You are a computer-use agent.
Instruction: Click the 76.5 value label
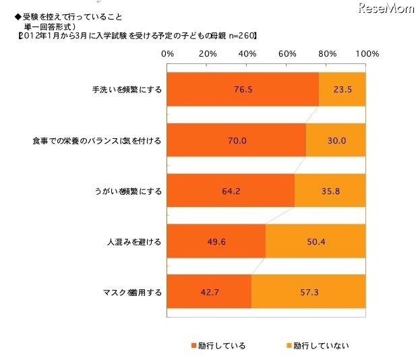(241, 89)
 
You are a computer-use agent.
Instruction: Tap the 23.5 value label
(340, 89)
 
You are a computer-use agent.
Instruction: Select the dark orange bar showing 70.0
(235, 141)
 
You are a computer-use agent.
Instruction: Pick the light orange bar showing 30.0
(336, 141)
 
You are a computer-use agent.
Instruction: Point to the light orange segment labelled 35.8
(330, 191)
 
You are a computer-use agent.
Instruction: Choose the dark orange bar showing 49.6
(215, 242)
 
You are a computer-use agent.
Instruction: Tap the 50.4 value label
(315, 242)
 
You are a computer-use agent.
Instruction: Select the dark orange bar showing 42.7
(208, 293)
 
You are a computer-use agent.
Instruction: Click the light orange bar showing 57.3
(307, 293)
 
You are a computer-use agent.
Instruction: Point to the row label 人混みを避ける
(137, 242)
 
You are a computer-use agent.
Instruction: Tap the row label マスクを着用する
(131, 293)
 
